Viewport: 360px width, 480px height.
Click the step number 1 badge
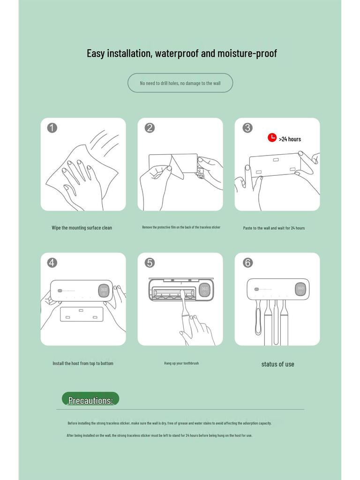[52, 127]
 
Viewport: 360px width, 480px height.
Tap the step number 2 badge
[150, 127]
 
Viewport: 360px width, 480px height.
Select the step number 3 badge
[247, 127]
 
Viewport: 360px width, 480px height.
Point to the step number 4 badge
[52, 262]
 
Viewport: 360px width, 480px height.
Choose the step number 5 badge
[150, 262]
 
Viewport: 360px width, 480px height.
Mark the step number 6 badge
[247, 262]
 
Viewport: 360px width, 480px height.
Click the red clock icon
[272, 137]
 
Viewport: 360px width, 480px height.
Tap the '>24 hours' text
[290, 139]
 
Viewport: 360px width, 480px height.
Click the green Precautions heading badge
[90, 399]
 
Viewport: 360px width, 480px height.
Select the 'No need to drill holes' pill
[180, 83]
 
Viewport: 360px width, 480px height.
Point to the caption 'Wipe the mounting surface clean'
[82, 228]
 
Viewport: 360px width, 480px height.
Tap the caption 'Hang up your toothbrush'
[181, 363]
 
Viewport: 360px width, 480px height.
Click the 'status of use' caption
[277, 364]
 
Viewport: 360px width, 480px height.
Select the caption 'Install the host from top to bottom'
[82, 363]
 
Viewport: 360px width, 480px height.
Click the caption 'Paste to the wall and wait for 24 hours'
[274, 228]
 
